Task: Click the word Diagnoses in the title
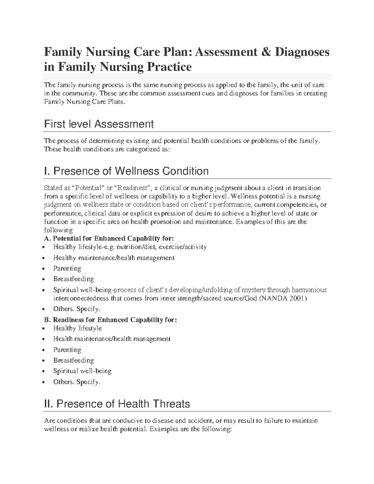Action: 302,52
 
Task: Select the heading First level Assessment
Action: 99,124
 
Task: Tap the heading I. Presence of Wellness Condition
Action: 126,171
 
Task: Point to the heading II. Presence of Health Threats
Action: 117,404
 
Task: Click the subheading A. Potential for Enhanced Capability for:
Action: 109,238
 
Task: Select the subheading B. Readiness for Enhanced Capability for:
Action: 111,320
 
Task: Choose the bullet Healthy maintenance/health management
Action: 114,258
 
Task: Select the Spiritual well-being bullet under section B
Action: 82,371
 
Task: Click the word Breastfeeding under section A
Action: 74,279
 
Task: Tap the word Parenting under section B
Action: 67,350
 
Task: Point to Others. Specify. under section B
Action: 77,382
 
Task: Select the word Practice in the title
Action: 165,67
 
